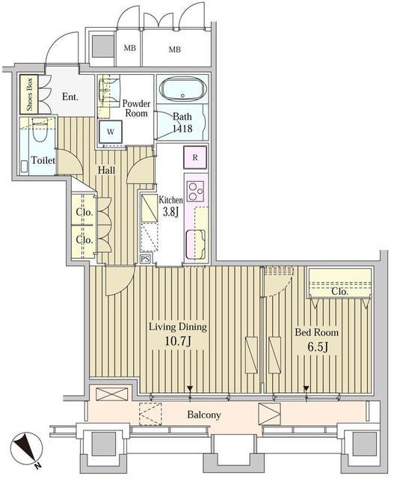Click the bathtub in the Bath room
pyautogui.click(x=182, y=89)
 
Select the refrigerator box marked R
pyautogui.click(x=195, y=157)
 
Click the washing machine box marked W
pyautogui.click(x=111, y=132)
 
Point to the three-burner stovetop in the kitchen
pyautogui.click(x=196, y=192)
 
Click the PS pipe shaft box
pyautogui.click(x=145, y=260)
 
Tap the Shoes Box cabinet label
pyautogui.click(x=29, y=94)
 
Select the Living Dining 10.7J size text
pyautogui.click(x=178, y=341)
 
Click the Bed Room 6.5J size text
pyautogui.click(x=318, y=347)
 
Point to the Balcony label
pyautogui.click(x=204, y=415)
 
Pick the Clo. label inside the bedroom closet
pyautogui.click(x=339, y=291)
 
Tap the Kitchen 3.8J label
pyautogui.click(x=171, y=206)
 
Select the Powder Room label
pyautogui.click(x=136, y=108)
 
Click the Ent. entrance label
pyautogui.click(x=70, y=97)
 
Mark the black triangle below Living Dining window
pyautogui.click(x=190, y=388)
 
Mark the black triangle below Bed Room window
pyautogui.click(x=306, y=388)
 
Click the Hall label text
pyautogui.click(x=106, y=170)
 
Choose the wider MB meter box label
pyautogui.click(x=174, y=49)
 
